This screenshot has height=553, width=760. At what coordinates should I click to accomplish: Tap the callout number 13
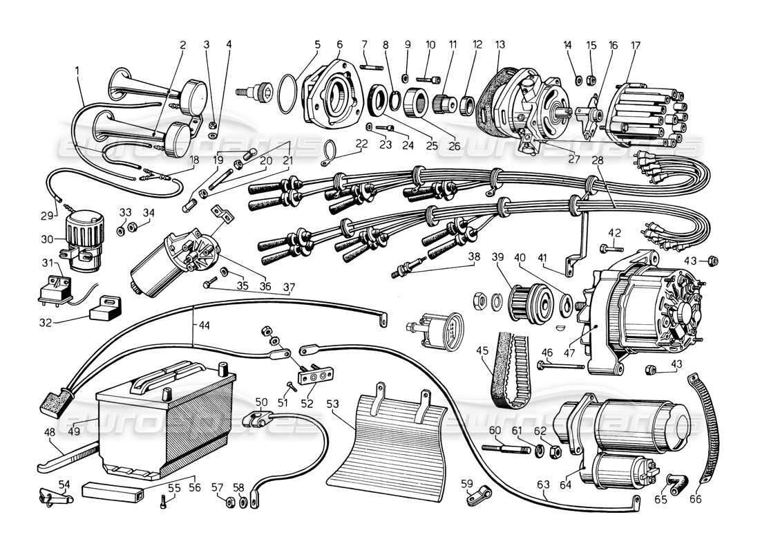coord(500,45)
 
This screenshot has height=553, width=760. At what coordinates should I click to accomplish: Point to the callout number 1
coord(77,69)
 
